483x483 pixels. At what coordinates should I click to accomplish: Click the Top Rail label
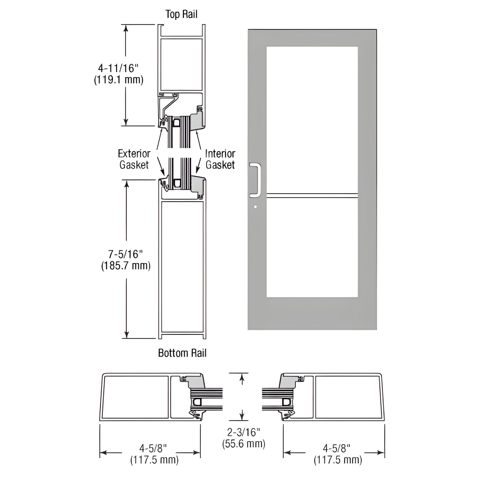pyautogui.click(x=182, y=14)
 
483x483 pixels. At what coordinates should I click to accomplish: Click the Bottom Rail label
pyautogui.click(x=182, y=353)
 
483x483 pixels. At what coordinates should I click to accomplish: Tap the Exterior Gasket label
pyautogui.click(x=134, y=159)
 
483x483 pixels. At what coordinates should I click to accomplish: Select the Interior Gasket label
pyautogui.click(x=220, y=159)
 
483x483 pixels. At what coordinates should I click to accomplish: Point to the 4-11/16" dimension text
pyautogui.click(x=118, y=68)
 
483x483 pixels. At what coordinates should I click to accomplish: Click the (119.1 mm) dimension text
pyautogui.click(x=119, y=80)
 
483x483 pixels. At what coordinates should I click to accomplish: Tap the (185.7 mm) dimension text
pyautogui.click(x=126, y=265)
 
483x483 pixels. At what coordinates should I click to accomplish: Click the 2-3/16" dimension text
pyautogui.click(x=243, y=433)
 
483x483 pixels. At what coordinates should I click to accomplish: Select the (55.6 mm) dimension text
pyautogui.click(x=244, y=444)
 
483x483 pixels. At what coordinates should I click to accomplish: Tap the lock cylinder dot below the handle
pyautogui.click(x=255, y=207)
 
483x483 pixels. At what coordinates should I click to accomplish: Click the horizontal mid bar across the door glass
pyautogui.click(x=312, y=194)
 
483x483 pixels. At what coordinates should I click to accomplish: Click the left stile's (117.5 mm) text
pyautogui.click(x=154, y=460)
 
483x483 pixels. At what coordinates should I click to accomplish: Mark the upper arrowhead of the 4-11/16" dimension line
pyautogui.click(x=126, y=28)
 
